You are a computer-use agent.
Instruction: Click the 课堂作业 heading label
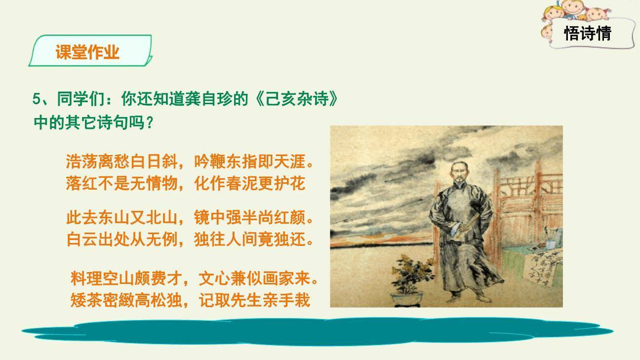coord(87,52)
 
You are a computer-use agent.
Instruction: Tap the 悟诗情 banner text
coord(587,34)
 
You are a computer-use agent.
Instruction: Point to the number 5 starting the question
coord(36,99)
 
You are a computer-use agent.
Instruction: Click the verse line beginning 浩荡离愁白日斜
coord(190,161)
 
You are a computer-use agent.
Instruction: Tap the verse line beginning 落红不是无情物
coord(185,183)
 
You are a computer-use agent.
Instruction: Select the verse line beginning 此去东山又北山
coord(190,218)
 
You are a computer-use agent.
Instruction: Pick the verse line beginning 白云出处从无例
coord(190,240)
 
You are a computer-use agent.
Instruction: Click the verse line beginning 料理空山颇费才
coord(194,279)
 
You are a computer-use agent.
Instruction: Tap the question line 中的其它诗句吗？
coord(94,122)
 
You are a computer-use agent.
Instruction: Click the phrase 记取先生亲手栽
coord(254,300)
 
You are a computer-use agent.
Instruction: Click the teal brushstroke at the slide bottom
coord(316,332)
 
